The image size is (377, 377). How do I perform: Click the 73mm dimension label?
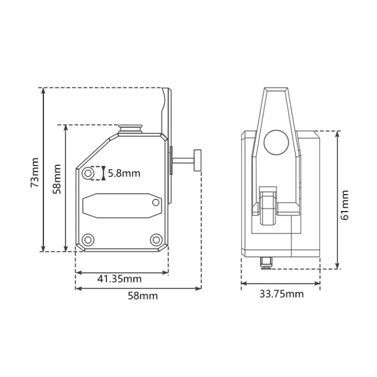(x=34, y=173)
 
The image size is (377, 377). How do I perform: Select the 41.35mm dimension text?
(x=119, y=279)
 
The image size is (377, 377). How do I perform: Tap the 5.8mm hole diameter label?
(x=124, y=173)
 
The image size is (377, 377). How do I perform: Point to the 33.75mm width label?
(x=282, y=294)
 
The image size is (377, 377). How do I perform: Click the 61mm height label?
(x=345, y=205)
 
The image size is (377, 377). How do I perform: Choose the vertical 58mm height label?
(x=57, y=179)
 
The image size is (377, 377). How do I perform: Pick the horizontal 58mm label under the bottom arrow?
(x=143, y=296)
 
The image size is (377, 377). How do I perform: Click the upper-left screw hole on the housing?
(x=88, y=173)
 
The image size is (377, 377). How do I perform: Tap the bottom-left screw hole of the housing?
(x=88, y=240)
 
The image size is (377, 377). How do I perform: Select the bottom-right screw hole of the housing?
(x=156, y=240)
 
